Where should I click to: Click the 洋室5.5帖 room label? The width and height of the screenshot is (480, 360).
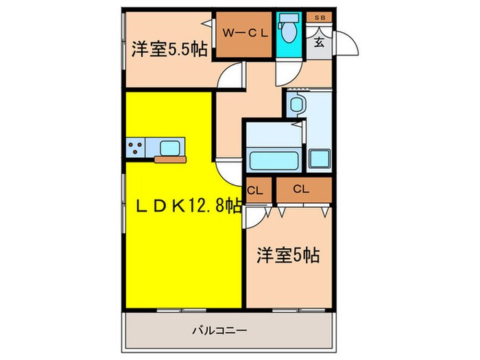[169, 49]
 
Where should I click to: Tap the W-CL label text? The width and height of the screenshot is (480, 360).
[243, 31]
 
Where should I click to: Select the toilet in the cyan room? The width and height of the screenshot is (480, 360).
[287, 29]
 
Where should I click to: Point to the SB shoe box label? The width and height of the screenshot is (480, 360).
[320, 17]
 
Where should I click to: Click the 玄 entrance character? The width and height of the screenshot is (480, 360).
[320, 41]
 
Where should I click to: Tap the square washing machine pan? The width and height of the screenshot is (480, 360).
[320, 158]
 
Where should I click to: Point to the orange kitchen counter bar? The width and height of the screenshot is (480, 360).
[170, 160]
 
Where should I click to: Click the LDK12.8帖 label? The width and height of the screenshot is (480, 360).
[182, 205]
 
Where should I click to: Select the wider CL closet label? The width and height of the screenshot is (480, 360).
[300, 189]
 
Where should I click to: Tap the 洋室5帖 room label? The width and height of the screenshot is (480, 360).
[288, 255]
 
